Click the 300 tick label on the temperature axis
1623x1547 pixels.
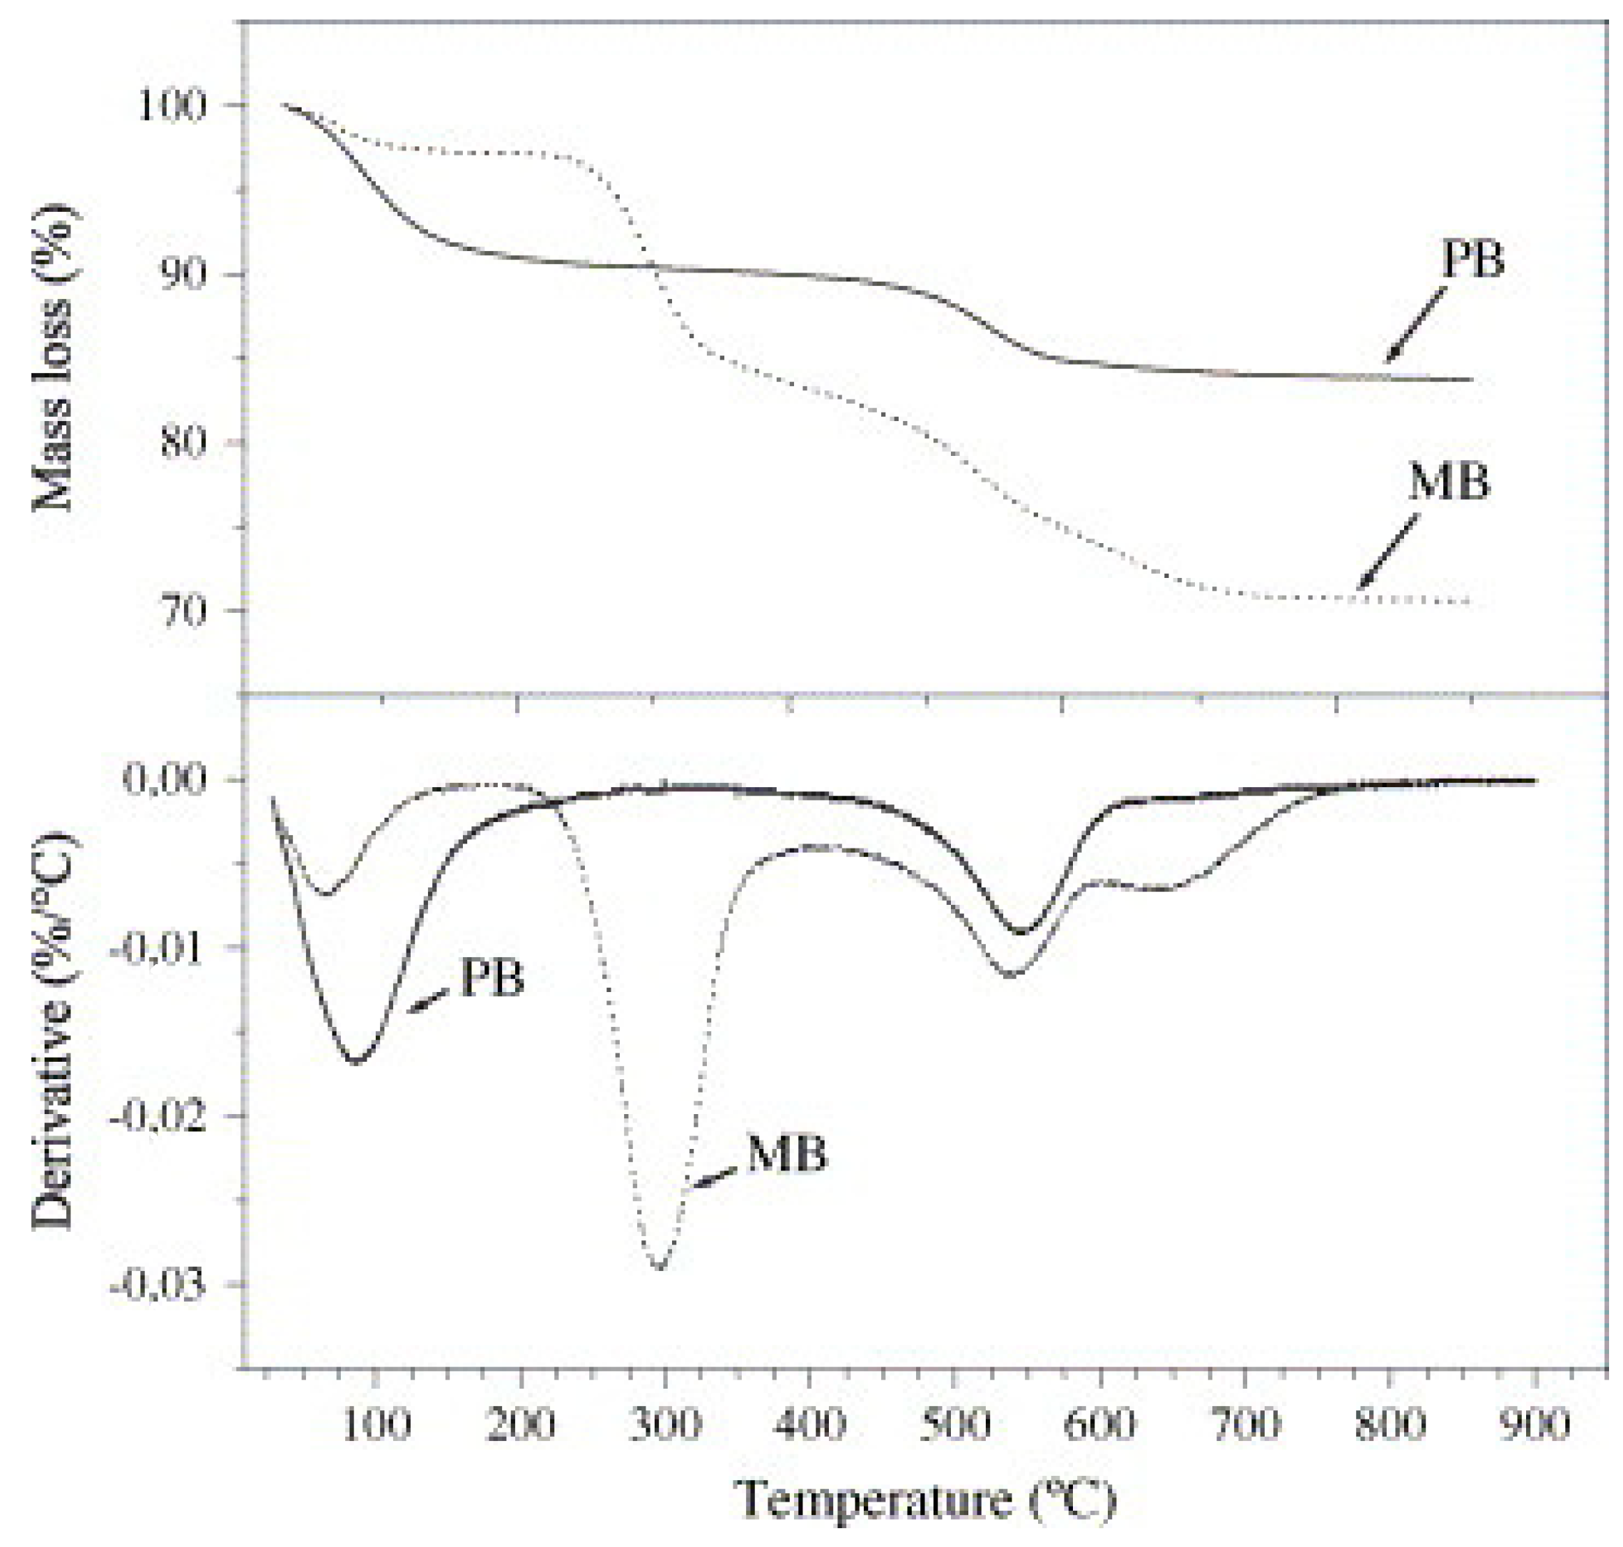(664, 1424)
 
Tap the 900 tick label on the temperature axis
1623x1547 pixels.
(1533, 1424)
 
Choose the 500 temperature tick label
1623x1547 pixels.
(954, 1424)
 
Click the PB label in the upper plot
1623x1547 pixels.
(1473, 261)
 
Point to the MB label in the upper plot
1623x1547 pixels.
(1449, 483)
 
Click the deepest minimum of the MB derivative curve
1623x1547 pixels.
(659, 1267)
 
